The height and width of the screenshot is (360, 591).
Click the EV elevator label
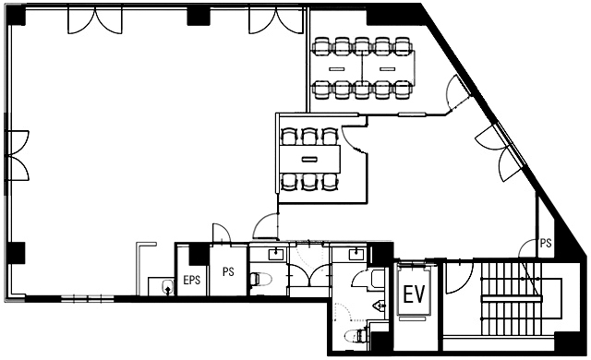click(x=415, y=294)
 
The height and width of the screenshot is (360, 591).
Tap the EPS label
click(x=191, y=281)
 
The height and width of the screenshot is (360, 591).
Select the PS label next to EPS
click(x=228, y=271)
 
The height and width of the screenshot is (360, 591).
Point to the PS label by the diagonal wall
click(x=546, y=243)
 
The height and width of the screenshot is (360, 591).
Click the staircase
click(x=511, y=298)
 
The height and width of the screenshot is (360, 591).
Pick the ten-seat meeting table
click(x=364, y=68)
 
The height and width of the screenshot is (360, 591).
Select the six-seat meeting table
click(x=310, y=160)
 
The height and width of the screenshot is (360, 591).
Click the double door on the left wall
click(x=18, y=156)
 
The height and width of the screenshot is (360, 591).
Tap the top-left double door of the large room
click(x=95, y=20)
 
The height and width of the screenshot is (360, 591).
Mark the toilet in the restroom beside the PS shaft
click(x=260, y=280)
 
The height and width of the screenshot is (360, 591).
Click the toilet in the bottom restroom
click(x=356, y=335)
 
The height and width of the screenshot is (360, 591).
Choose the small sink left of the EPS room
click(x=167, y=287)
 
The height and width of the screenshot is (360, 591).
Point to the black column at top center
click(x=199, y=17)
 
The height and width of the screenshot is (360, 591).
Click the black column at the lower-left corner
click(x=16, y=253)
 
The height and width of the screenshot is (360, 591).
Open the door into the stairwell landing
click(x=459, y=278)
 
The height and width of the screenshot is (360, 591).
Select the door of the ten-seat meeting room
click(x=457, y=93)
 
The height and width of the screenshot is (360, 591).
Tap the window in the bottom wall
click(x=88, y=299)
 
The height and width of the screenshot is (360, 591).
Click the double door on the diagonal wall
click(x=501, y=152)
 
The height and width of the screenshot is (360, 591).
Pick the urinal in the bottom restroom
click(x=380, y=305)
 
